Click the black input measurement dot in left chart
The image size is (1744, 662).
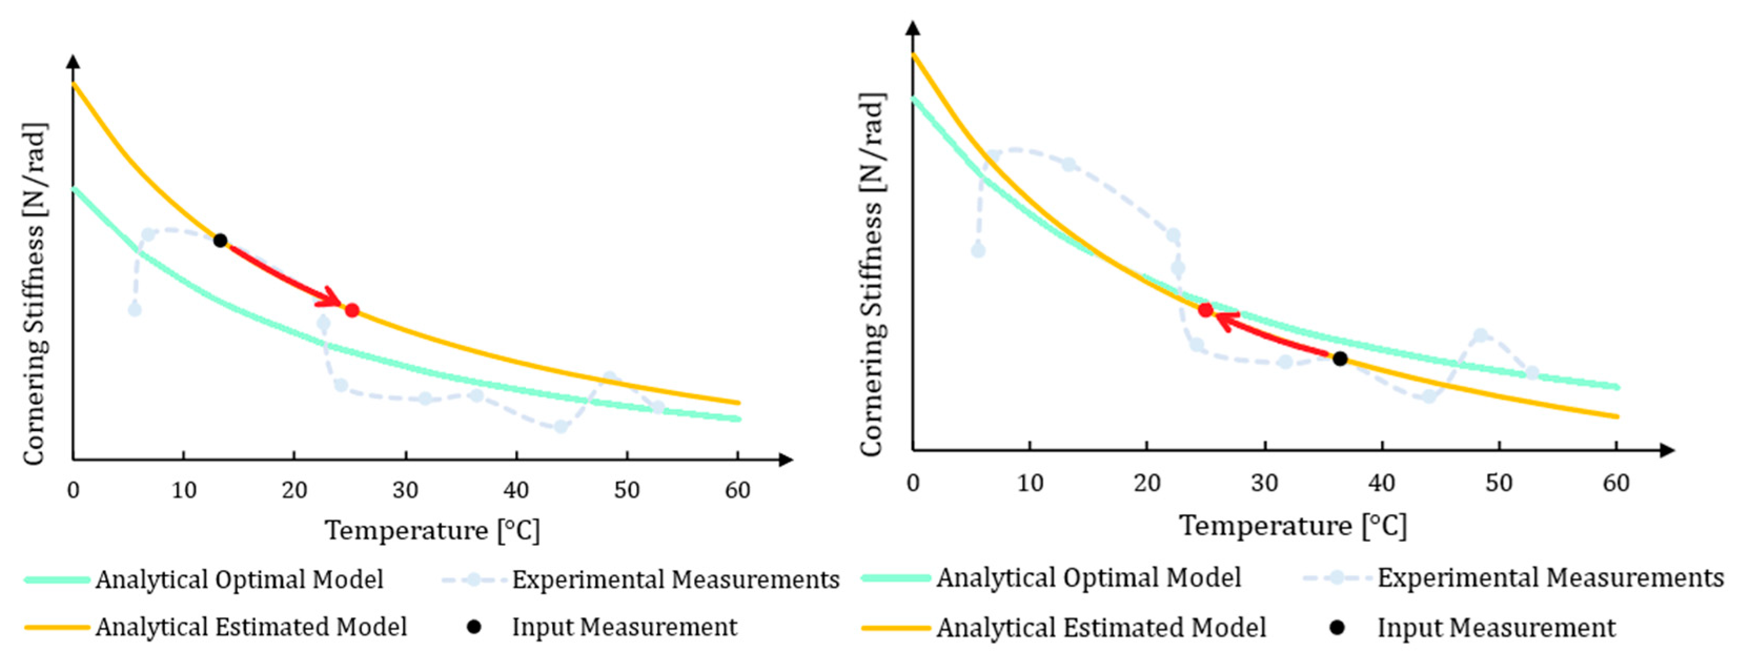[220, 240]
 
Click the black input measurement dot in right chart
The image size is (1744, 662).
[1340, 359]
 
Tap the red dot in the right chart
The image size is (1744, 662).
[1206, 310]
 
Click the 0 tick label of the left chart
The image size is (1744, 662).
[73, 490]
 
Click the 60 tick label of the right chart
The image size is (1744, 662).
[1616, 483]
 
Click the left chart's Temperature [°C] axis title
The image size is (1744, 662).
[433, 531]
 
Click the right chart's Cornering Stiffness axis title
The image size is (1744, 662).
[872, 274]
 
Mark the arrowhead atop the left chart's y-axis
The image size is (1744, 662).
[73, 62]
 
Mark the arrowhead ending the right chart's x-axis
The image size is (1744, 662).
[1667, 450]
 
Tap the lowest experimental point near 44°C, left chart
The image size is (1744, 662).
[560, 427]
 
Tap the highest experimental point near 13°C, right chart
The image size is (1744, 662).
[1068, 165]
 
